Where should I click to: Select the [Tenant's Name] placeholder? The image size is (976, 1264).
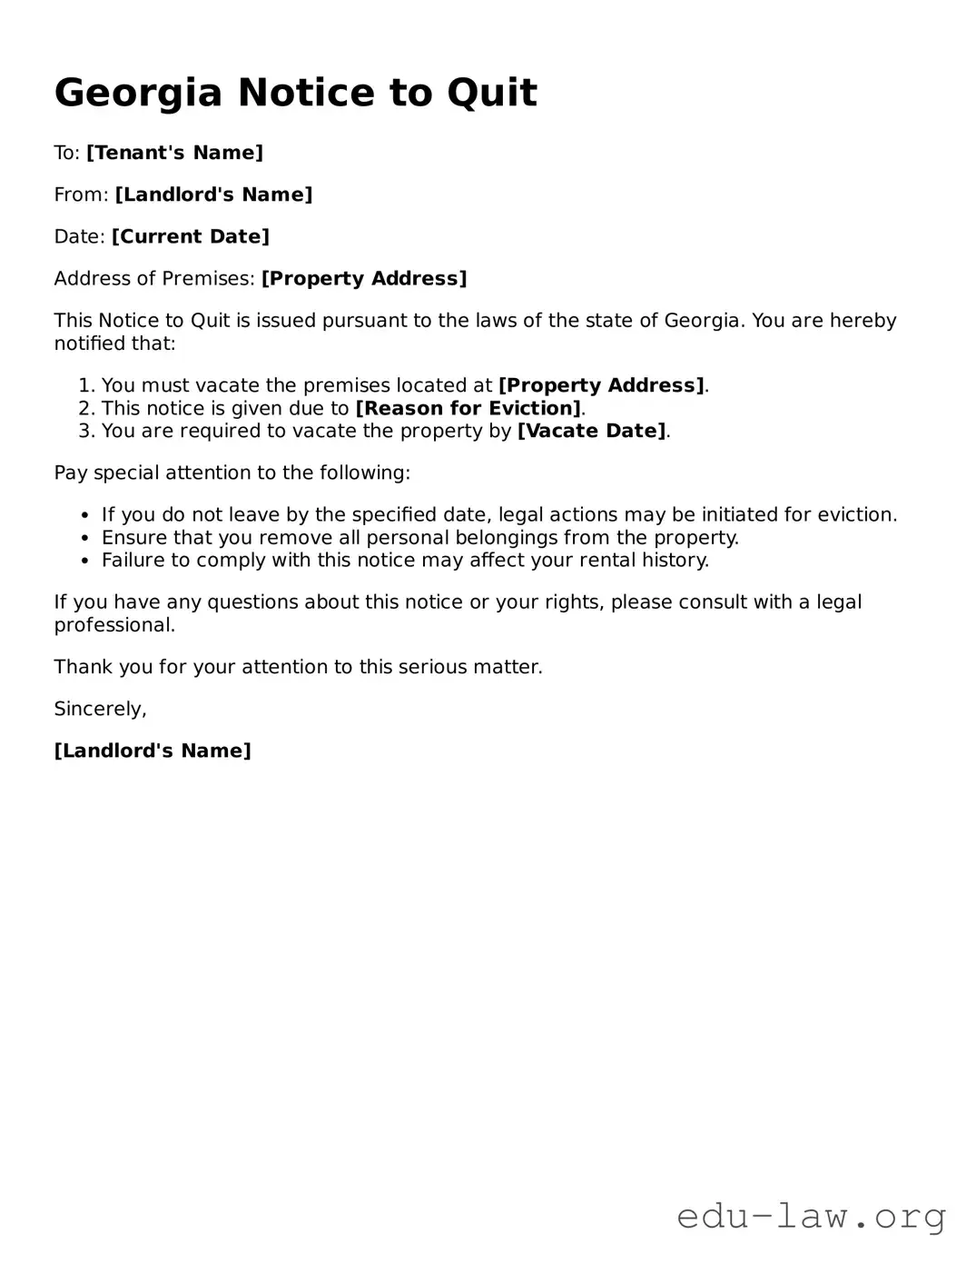174,153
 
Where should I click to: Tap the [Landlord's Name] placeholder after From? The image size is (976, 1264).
213,194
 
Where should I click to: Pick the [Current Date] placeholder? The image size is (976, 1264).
191,236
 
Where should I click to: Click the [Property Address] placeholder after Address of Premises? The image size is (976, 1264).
364,278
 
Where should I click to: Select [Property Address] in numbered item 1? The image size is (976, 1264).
601,385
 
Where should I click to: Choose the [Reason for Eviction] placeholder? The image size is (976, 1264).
468,408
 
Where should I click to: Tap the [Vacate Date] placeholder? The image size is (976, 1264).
591,431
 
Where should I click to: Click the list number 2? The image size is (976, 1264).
86,408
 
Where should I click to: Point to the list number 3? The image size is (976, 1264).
86,431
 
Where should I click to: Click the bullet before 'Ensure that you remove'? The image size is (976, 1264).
85,538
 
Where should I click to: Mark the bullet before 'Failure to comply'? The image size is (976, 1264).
85,561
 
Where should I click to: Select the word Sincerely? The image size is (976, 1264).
100,709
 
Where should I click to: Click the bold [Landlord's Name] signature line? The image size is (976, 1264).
153,751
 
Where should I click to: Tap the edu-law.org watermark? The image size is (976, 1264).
811,1216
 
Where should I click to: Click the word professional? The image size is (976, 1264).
113,625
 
